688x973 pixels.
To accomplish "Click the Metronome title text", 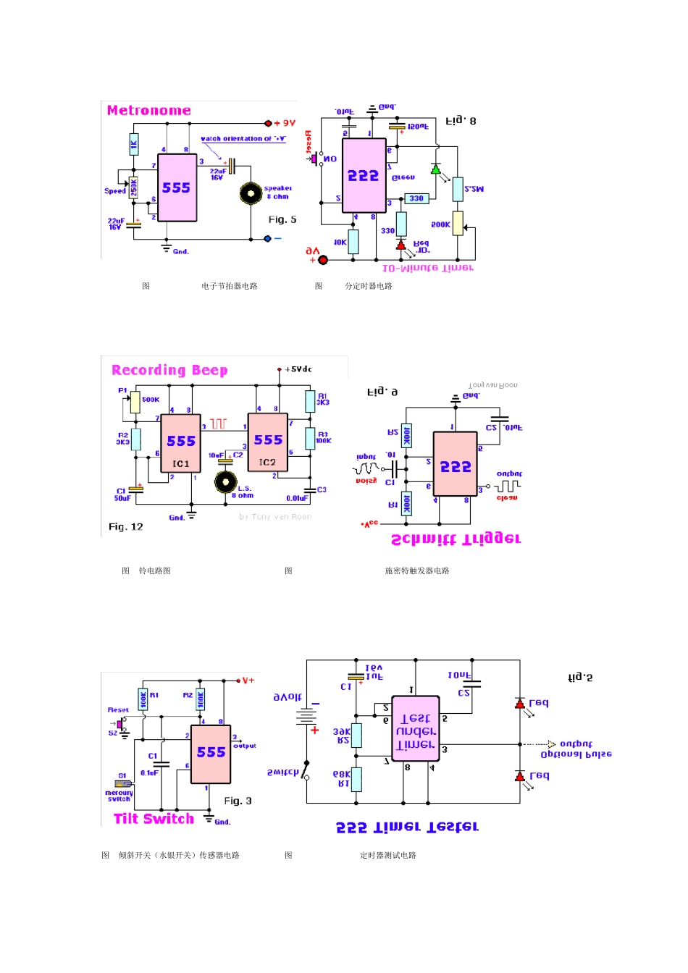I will tap(148, 111).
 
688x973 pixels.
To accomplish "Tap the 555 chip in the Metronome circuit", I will tap(177, 188).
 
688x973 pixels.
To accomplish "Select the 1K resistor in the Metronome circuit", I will tap(134, 144).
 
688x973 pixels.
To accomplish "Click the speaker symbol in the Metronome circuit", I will tap(251, 193).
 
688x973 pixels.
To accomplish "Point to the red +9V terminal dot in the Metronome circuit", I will tap(268, 124).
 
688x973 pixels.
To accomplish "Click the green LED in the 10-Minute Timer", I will tap(436, 169).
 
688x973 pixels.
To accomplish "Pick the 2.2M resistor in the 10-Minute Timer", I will tap(458, 190).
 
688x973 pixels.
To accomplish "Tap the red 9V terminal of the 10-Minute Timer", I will tap(323, 260).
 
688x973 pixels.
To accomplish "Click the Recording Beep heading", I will tap(169, 371).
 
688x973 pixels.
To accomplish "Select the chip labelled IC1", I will tap(180, 444).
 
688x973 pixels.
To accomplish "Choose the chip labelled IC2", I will tap(267, 442).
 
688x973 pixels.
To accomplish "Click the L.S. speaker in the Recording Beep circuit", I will tap(225, 481).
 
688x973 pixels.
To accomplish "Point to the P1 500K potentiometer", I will tap(135, 402).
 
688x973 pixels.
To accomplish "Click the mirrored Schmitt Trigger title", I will tap(456, 539).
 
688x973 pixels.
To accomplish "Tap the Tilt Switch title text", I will tap(154, 819).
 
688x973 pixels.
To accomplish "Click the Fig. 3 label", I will tap(238, 801).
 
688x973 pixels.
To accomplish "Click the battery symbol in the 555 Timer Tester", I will tap(307, 717).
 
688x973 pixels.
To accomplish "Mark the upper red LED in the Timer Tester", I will tap(519, 703).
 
